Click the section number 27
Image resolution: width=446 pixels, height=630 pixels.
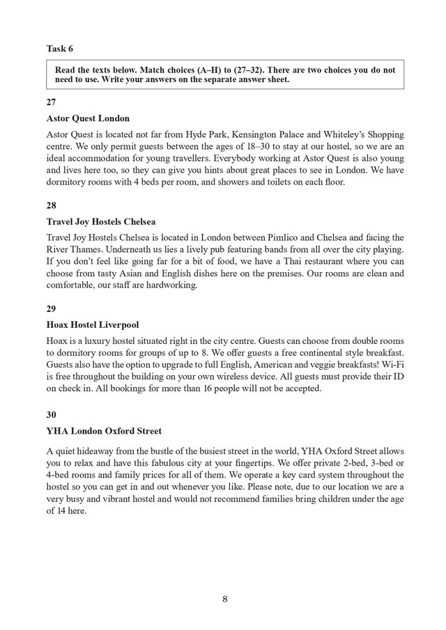52,102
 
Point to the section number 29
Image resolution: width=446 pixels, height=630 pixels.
52,310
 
